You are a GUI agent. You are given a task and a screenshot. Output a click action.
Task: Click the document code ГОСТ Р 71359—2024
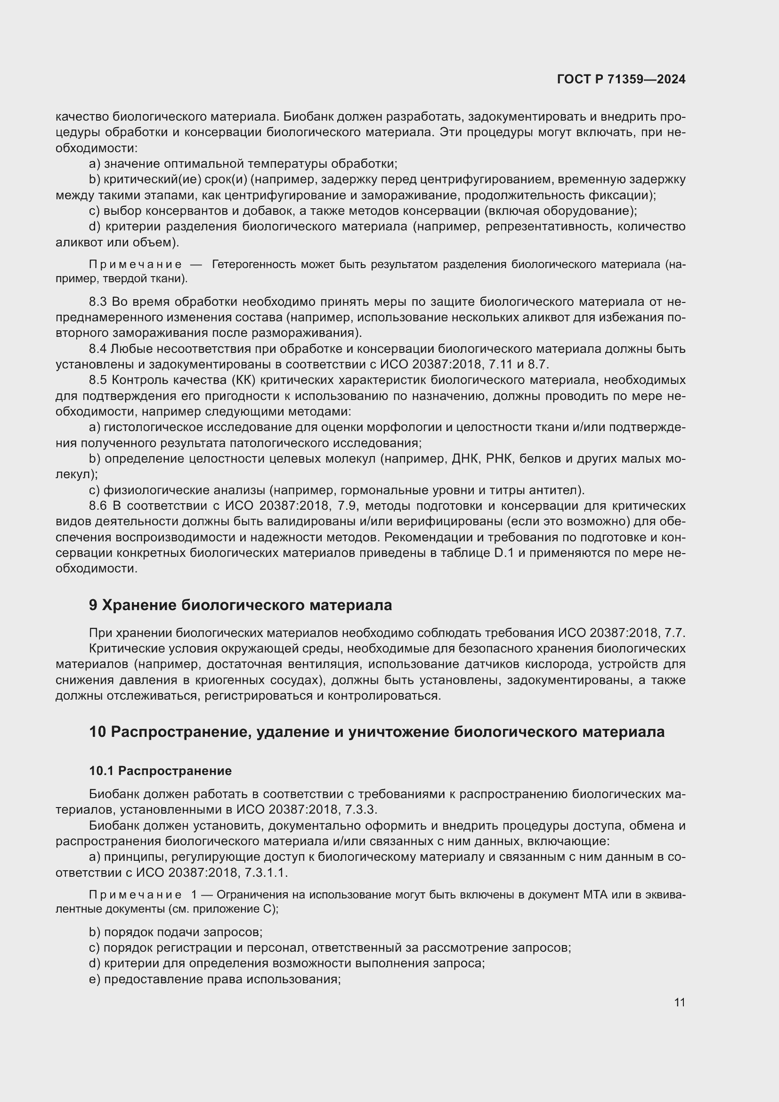(x=621, y=80)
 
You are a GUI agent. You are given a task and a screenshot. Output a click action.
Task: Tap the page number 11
(x=679, y=1003)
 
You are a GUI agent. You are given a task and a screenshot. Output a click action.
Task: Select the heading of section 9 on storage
(x=240, y=605)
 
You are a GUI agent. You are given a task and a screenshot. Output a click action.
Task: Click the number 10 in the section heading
(x=97, y=732)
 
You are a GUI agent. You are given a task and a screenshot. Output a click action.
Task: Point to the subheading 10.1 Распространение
(x=160, y=771)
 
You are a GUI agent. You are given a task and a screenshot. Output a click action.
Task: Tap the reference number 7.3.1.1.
(x=265, y=873)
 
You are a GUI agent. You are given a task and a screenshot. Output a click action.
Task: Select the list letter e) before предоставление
(x=95, y=979)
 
